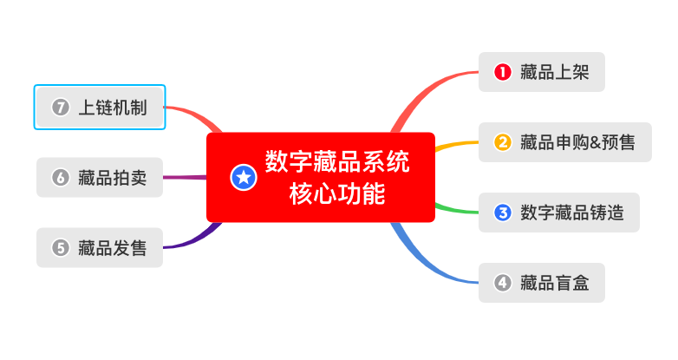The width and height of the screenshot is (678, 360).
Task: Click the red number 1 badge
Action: tap(501, 72)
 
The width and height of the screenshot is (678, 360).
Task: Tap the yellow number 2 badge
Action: tap(501, 142)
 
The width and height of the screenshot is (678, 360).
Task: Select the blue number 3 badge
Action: tap(501, 213)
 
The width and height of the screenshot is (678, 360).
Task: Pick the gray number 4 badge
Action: tap(501, 283)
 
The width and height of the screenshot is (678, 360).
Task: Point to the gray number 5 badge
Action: tap(60, 248)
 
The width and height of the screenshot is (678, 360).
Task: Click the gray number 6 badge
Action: tap(60, 179)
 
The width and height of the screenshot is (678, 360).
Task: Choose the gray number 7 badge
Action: tap(60, 108)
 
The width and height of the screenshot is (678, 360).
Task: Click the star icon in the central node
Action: tap(244, 178)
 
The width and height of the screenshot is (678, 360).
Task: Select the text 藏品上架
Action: tap(555, 72)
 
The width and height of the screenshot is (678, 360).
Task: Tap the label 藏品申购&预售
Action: tap(577, 142)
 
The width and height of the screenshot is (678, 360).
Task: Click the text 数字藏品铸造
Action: tap(572, 213)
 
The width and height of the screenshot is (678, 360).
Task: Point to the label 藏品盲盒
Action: tap(555, 283)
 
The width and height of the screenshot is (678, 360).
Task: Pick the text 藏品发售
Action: tap(113, 248)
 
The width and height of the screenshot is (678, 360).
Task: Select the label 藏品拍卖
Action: tap(113, 179)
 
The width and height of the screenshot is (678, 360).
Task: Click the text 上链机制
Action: tap(113, 108)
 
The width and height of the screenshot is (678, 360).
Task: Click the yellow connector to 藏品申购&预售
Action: tap(455, 144)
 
